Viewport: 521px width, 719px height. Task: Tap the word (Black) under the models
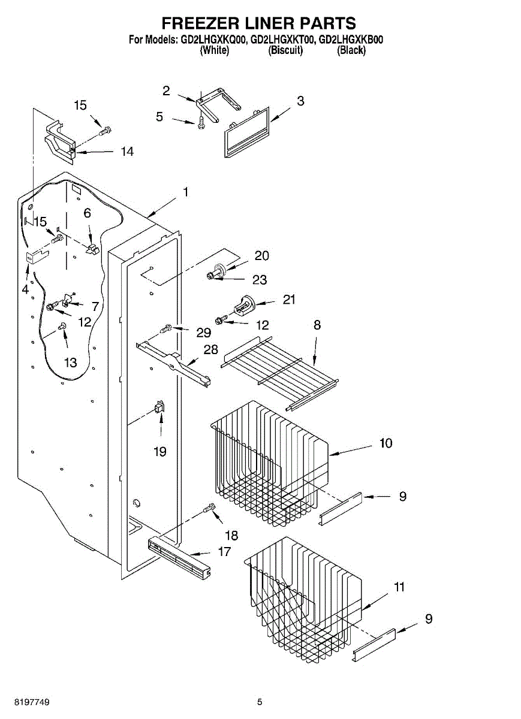[x=351, y=50]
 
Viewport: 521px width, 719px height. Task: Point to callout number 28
[x=210, y=349]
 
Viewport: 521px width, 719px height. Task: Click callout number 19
[x=160, y=451]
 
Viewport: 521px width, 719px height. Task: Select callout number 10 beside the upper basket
[x=386, y=443]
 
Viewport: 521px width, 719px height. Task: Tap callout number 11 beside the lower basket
[x=399, y=587]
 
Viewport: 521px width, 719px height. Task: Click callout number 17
[x=224, y=551]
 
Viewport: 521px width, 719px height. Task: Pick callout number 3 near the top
[x=300, y=101]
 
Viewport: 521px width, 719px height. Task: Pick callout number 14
[x=127, y=152]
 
